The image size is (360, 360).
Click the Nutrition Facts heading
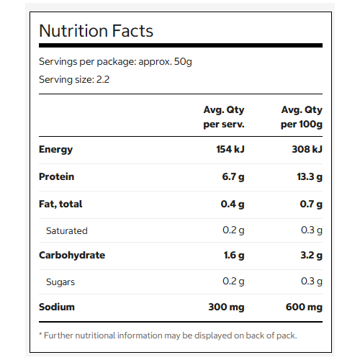pos(96,31)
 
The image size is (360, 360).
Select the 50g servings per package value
pos(183,62)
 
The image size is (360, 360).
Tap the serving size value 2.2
pos(103,79)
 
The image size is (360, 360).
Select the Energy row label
pos(55,150)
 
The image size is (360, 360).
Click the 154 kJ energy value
pos(230,149)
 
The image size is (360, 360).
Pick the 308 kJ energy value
pos(307,149)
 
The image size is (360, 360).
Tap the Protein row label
pos(56,176)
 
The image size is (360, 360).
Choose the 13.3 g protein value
pos(310,177)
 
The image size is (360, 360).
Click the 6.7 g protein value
pos(233,177)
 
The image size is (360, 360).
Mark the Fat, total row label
pos(60,204)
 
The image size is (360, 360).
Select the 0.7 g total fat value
pos(311,204)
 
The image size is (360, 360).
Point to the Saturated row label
pos(67,230)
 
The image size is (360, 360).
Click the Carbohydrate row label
pos(72,255)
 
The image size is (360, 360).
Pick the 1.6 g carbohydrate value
pos(234,256)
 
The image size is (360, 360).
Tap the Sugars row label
pos(60,282)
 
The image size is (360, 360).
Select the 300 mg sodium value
pos(226,307)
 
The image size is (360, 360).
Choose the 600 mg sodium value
pos(304,307)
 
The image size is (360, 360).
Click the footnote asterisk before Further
pos(40,333)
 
